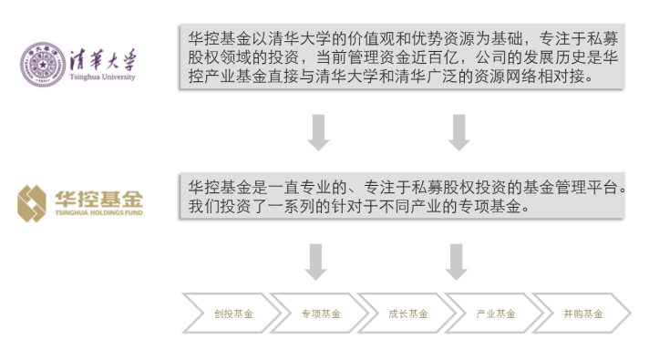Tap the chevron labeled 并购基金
[x=582, y=314]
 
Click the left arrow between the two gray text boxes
[x=318, y=132]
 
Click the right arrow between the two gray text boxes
[x=458, y=132]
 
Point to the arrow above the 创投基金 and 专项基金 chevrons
[x=316, y=262]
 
